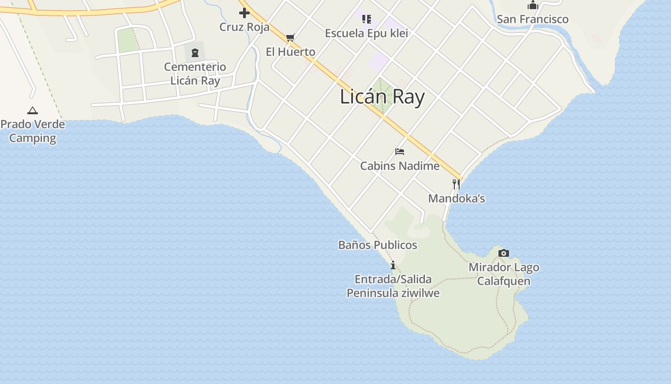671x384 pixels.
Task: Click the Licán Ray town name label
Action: coord(382,97)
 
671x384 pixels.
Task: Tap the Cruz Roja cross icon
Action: coord(244,13)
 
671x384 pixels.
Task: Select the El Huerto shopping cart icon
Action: coord(290,37)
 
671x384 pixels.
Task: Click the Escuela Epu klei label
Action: coord(366,33)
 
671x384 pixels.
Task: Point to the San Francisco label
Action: coord(532,19)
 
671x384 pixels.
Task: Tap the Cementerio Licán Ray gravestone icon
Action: coord(195,52)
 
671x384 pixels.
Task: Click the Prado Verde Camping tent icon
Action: coord(33,110)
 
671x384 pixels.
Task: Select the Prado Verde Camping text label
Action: coord(33,131)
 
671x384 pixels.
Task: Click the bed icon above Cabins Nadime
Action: coord(400,152)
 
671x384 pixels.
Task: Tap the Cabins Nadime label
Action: coord(400,166)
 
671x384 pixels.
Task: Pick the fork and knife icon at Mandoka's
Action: coord(456,184)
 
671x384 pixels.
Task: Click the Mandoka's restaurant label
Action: coord(456,198)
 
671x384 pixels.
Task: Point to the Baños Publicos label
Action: coord(378,245)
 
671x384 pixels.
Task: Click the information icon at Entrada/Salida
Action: coord(393,265)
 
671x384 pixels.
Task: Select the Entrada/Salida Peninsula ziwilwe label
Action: coord(393,286)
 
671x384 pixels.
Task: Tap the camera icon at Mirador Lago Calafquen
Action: coord(504,253)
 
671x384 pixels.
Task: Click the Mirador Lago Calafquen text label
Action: coord(504,274)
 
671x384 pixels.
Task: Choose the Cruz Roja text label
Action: coord(244,27)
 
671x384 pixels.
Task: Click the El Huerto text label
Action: coord(290,52)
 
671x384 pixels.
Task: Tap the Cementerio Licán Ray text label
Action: coord(195,73)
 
